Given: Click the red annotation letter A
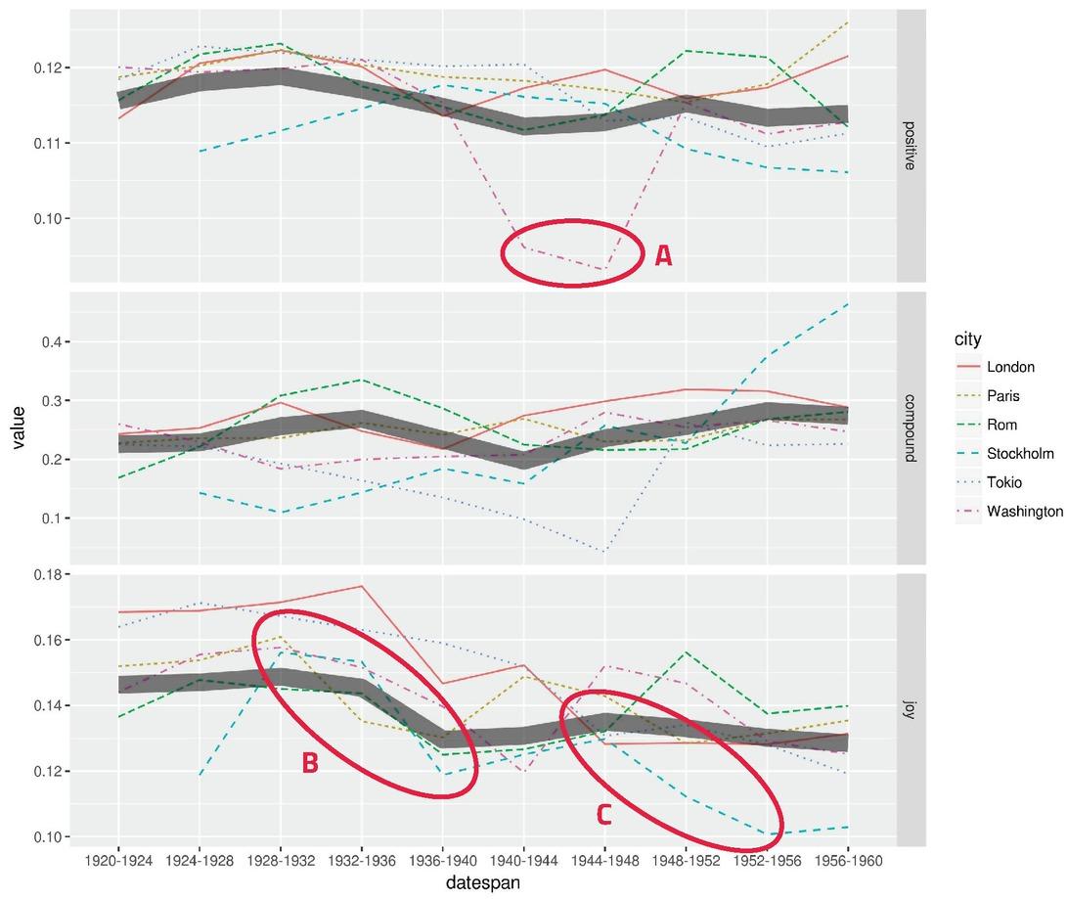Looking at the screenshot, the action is (663, 256).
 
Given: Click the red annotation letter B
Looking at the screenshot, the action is (310, 764).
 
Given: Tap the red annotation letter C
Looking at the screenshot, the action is (604, 815).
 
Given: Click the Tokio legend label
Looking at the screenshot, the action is (1004, 482).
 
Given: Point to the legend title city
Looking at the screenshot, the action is (967, 338).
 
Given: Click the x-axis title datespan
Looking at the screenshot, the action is (483, 882).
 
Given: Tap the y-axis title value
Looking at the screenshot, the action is (18, 427).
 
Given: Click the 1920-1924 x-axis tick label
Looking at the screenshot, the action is (118, 861).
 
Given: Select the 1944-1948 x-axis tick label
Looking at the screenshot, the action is (605, 861).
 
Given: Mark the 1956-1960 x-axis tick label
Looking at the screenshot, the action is (848, 861).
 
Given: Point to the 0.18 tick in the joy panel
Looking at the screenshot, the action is (47, 575).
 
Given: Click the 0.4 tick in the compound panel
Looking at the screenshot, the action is (51, 341).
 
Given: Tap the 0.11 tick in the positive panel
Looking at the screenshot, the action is (47, 144).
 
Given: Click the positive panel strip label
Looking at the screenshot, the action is (910, 146).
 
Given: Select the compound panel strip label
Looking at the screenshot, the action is (910, 428).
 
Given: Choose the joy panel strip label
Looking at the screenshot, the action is (910, 710).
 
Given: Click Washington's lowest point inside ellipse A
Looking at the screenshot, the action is (603, 269).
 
